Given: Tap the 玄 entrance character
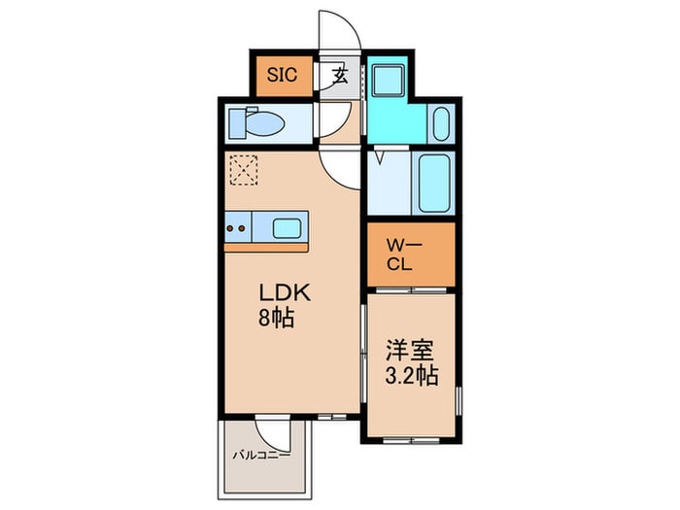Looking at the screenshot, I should [x=340, y=76].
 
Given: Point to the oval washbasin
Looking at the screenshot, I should [x=440, y=124].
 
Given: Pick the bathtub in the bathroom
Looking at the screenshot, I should [x=434, y=185].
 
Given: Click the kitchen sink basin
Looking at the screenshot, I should [x=288, y=229].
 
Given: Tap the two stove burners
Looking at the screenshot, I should [x=235, y=230].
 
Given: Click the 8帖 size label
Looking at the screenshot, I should [x=277, y=317].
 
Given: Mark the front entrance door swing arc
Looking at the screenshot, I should [x=342, y=30].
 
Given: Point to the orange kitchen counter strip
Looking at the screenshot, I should [x=266, y=247].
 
